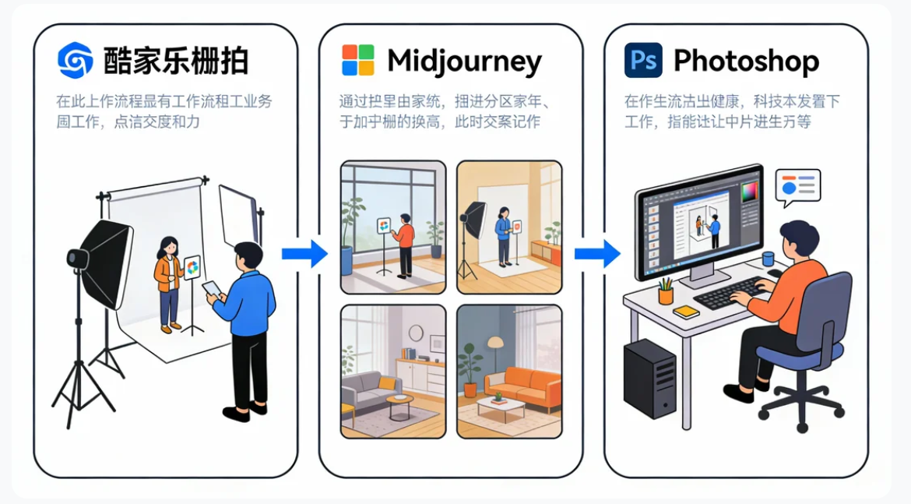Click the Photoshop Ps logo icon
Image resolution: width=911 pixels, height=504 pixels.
[643, 60]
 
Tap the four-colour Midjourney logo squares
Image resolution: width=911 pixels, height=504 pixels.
[358, 60]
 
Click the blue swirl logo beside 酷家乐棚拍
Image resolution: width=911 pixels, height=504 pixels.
[76, 60]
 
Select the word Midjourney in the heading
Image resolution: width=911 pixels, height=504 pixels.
[464, 61]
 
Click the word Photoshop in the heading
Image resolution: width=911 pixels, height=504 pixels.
[746, 61]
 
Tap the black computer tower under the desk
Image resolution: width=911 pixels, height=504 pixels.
[649, 379]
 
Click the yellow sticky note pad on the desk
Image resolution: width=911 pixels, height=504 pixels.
[686, 312]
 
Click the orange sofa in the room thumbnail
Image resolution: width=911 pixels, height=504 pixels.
[522, 385]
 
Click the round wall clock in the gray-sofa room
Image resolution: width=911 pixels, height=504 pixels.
[416, 333]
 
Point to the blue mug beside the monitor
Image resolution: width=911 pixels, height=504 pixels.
[769, 259]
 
